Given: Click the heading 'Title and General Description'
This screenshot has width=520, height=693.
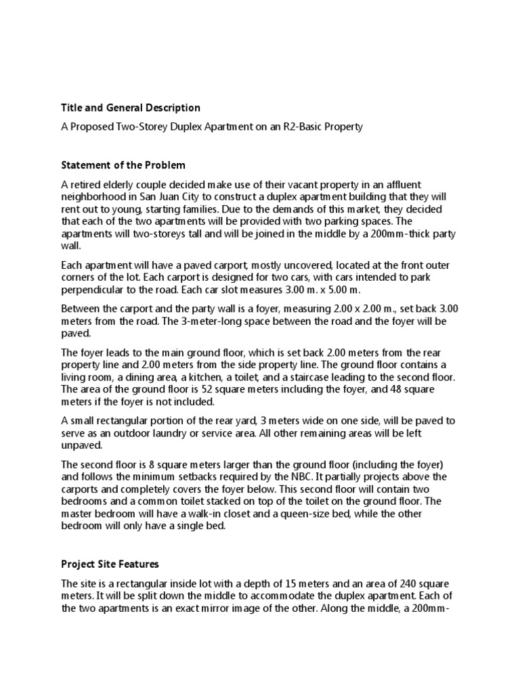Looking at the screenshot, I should coord(131,108).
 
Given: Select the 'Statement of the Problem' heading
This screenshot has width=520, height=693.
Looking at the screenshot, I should coord(123,165).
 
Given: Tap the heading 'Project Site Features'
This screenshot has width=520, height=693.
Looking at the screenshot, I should coord(110,564).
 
